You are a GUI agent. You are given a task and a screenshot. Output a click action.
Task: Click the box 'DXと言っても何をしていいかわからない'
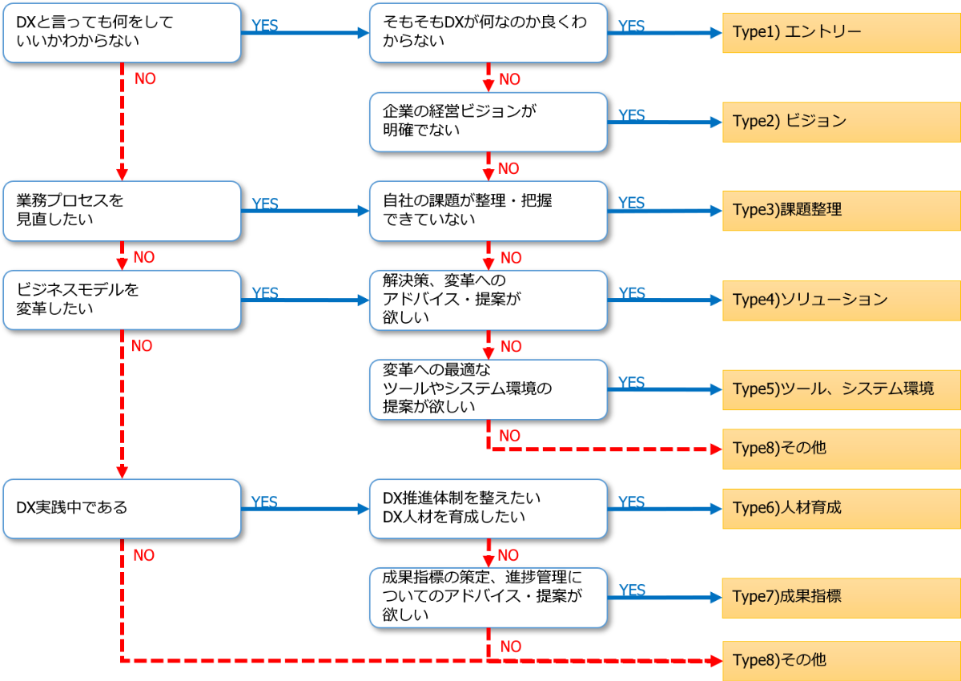pyautogui.click(x=122, y=33)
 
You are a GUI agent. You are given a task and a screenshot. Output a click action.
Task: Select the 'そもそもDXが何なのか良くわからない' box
pyautogui.click(x=488, y=33)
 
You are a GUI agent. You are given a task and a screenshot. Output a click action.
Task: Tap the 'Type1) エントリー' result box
pyautogui.click(x=841, y=33)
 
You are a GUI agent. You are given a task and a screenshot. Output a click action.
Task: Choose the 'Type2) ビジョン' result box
pyautogui.click(x=841, y=122)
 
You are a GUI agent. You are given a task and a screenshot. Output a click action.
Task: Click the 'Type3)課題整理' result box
pyautogui.click(x=841, y=211)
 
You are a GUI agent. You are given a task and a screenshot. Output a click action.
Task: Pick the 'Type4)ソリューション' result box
pyautogui.click(x=841, y=300)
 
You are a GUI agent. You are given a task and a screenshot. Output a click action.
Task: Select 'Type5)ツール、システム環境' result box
pyautogui.click(x=841, y=389)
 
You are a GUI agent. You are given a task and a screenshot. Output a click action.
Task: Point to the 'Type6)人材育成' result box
pyautogui.click(x=841, y=508)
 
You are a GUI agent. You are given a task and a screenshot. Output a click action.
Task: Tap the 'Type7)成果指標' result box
pyautogui.click(x=841, y=597)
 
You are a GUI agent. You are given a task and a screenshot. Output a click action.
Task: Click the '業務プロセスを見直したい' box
pyautogui.click(x=122, y=211)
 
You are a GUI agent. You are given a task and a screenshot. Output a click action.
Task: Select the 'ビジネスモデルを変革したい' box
pyautogui.click(x=122, y=300)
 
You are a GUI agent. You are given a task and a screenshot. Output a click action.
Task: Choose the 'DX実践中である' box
pyautogui.click(x=122, y=508)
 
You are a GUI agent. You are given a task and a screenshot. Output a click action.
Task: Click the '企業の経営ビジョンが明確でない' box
pyautogui.click(x=488, y=122)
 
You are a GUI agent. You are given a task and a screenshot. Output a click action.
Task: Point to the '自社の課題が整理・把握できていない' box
pyautogui.click(x=488, y=211)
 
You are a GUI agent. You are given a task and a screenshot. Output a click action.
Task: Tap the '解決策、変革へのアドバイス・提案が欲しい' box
pyautogui.click(x=488, y=300)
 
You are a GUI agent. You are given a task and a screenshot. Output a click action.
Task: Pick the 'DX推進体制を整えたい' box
pyautogui.click(x=488, y=508)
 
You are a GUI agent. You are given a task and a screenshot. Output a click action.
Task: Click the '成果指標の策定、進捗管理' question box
pyautogui.click(x=488, y=597)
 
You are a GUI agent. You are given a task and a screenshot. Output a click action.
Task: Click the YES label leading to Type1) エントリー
pyautogui.click(x=632, y=26)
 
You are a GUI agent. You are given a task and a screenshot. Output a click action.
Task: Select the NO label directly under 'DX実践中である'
pyautogui.click(x=143, y=555)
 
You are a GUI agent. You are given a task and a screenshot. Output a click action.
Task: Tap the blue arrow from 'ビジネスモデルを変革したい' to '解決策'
pyautogui.click(x=304, y=300)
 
